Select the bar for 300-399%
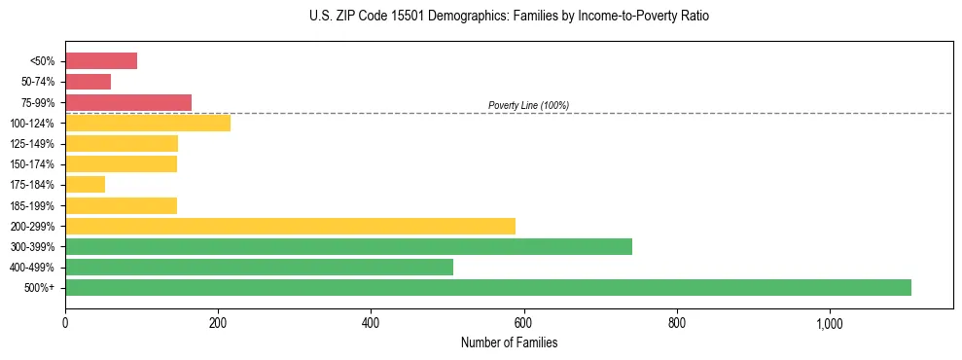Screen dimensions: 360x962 coord(348,246)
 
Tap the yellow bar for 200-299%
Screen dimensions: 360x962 coord(290,226)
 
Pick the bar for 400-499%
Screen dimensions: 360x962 coord(259,267)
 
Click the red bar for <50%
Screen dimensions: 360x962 coord(101,61)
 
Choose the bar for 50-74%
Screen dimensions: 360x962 coord(88,82)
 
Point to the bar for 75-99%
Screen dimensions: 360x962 coord(128,102)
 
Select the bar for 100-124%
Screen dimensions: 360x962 coord(148,123)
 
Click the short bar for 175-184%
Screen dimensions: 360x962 coord(85,185)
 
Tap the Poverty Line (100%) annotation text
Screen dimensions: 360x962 coord(528,105)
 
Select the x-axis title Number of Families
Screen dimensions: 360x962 coord(509,342)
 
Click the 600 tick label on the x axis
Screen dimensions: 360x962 coord(523,323)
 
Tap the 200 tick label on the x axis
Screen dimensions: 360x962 coord(218,323)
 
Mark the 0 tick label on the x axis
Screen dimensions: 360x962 coord(65,323)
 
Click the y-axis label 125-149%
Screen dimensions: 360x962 coord(32,144)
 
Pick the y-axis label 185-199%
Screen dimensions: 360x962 coord(32,205)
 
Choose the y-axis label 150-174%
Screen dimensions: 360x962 coord(32,164)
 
